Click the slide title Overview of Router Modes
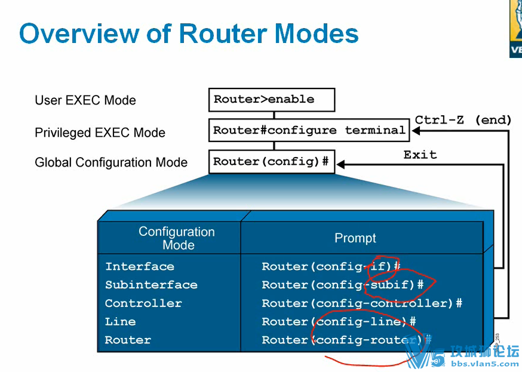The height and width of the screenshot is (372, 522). (189, 33)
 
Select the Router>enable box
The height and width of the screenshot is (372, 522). (271, 100)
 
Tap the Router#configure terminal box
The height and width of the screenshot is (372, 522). (309, 130)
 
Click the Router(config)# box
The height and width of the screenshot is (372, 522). (271, 161)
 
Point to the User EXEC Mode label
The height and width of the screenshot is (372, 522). (85, 100)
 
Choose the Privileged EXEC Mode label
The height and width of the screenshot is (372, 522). (100, 133)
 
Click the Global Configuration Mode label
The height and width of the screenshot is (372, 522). (111, 162)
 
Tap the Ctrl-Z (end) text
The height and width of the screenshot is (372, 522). (463, 119)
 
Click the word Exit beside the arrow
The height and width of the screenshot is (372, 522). (420, 155)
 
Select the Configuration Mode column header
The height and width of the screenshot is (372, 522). (177, 238)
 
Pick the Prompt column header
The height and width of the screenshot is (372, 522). (355, 238)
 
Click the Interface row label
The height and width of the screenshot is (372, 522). (140, 266)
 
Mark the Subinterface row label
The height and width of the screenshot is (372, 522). (151, 285)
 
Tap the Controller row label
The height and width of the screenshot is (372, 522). (143, 303)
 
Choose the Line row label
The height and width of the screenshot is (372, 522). (121, 322)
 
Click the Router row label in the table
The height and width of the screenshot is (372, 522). (128, 340)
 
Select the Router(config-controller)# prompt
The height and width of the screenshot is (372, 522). (362, 303)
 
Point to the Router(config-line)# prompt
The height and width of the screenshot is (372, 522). (339, 322)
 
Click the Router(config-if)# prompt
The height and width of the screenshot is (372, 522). (331, 266)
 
